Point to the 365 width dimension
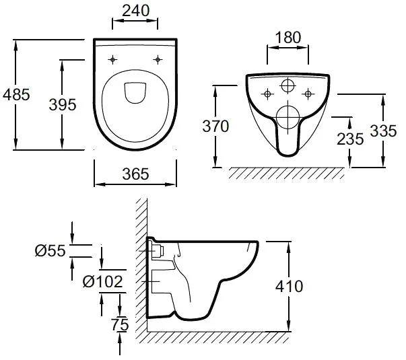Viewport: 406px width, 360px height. (135, 174)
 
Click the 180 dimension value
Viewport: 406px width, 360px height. (288, 38)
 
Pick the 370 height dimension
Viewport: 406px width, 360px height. (217, 125)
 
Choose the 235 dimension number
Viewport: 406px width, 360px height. (351, 139)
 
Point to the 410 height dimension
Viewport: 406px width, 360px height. (289, 286)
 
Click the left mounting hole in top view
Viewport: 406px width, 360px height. (113, 59)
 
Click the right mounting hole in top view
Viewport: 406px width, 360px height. (158, 59)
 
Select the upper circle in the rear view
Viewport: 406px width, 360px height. (288, 86)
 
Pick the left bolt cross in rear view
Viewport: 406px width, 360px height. (267, 92)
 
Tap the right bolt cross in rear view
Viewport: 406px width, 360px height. (309, 92)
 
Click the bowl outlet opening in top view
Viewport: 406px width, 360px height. (135, 93)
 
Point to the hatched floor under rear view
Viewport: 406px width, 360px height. (286, 173)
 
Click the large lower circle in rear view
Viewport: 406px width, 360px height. (288, 116)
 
